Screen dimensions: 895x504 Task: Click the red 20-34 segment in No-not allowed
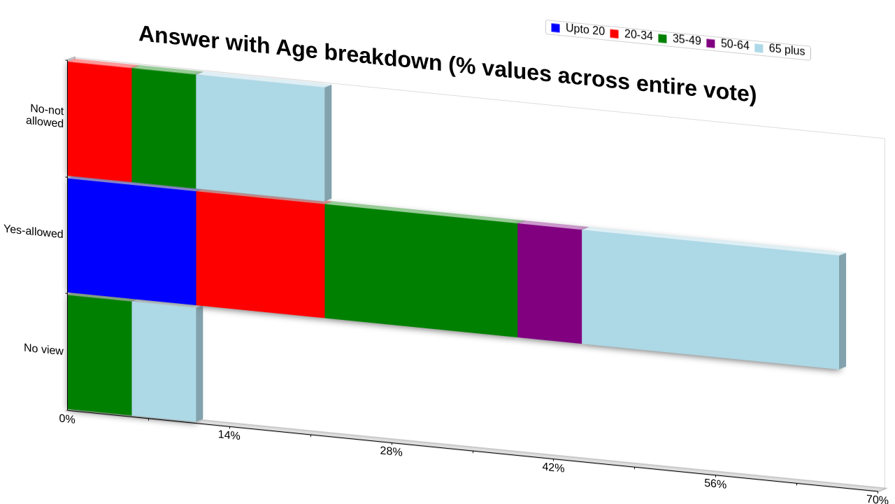coord(99,122)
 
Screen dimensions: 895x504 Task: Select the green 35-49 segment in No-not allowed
coord(164,128)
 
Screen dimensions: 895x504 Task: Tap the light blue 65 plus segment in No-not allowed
coord(261,138)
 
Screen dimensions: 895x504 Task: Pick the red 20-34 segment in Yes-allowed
coord(261,254)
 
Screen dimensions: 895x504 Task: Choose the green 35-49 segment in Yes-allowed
coord(421,270)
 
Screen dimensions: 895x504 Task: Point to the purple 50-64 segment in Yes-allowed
coord(550,283)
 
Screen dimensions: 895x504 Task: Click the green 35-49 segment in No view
coord(99,355)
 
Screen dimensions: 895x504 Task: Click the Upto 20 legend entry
coord(578,29)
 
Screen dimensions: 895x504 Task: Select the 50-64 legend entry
coord(728,43)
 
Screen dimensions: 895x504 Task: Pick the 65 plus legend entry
coord(780,49)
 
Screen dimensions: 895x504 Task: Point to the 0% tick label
coord(67,419)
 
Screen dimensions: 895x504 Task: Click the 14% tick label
coord(229,435)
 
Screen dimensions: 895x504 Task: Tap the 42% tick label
coord(553,468)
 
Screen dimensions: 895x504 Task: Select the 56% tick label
coord(715,484)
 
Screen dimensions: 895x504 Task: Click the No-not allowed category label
coord(45,115)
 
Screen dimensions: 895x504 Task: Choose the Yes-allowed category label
coord(34,231)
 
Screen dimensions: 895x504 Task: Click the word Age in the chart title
coord(296,49)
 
